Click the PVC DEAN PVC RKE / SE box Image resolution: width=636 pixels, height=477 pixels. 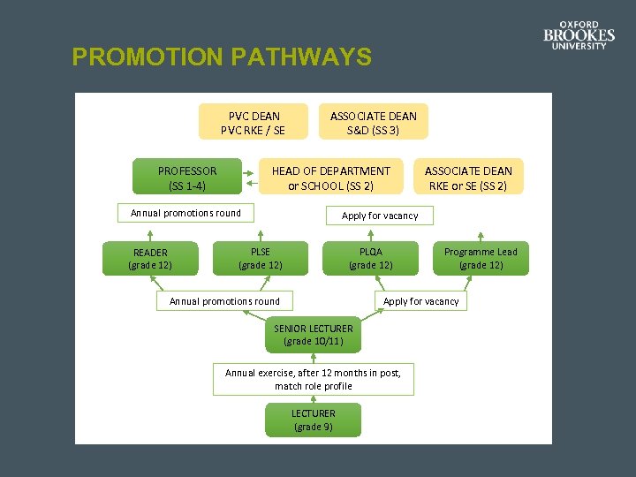(254, 123)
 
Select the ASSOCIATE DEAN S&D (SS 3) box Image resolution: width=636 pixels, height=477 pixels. (373, 123)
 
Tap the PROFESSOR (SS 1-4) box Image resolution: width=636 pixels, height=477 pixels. (186, 178)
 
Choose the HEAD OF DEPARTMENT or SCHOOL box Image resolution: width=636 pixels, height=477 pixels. (330, 178)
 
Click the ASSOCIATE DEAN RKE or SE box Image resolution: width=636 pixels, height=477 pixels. (468, 178)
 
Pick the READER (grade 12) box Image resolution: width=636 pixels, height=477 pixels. (150, 258)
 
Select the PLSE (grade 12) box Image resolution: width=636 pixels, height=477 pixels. (261, 258)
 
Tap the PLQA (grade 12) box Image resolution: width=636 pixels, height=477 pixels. (371, 258)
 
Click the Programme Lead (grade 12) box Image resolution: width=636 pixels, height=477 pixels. (481, 258)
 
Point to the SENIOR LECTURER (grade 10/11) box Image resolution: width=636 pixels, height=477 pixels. (314, 334)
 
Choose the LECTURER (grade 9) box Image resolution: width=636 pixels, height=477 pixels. (314, 420)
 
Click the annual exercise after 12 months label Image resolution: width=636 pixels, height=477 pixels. (313, 379)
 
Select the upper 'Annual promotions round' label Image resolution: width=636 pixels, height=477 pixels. (185, 213)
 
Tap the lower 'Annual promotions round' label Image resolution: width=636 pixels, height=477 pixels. (224, 301)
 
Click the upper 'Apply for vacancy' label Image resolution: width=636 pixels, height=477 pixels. (380, 216)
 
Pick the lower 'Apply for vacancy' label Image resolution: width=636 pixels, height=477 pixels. (421, 301)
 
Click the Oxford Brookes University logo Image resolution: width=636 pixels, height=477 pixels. (579, 35)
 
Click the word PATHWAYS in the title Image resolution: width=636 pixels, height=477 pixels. (300, 57)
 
